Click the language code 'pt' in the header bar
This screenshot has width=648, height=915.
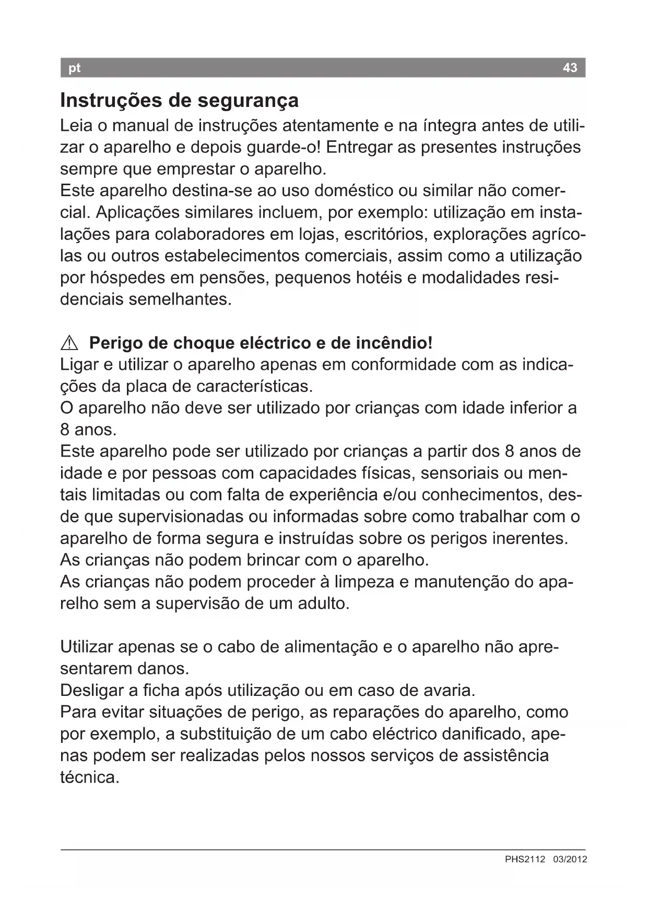pyautogui.click(x=75, y=68)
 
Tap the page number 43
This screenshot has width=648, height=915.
pyautogui.click(x=570, y=68)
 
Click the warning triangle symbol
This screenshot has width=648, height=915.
pyautogui.click(x=69, y=343)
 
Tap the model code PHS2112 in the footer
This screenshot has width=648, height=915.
pyautogui.click(x=525, y=859)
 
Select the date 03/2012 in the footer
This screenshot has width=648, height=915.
pyautogui.click(x=570, y=859)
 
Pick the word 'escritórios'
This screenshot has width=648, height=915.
pyautogui.click(x=380, y=234)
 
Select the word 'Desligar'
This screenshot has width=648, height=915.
pyautogui.click(x=92, y=690)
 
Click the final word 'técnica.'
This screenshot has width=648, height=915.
pyautogui.click(x=90, y=777)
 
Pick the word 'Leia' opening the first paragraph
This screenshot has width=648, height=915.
pyautogui.click(x=77, y=126)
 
